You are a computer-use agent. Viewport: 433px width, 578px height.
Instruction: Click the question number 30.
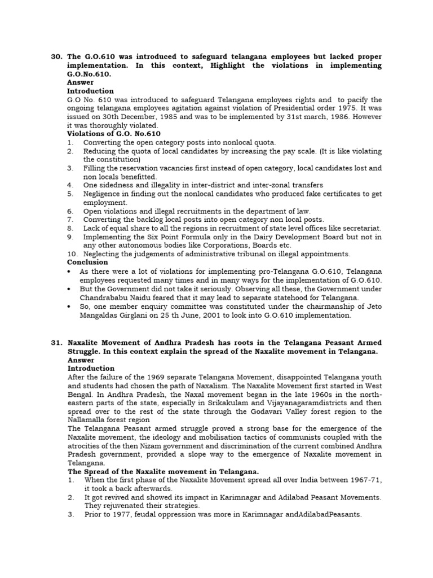pos(56,57)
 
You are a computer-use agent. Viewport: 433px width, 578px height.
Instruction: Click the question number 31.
pos(56,343)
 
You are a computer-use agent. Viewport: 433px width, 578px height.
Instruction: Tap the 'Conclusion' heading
pos(87,262)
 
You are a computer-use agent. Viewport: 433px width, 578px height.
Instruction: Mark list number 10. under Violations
pos(72,254)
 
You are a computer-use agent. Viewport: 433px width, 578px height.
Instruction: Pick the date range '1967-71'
pos(363,480)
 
